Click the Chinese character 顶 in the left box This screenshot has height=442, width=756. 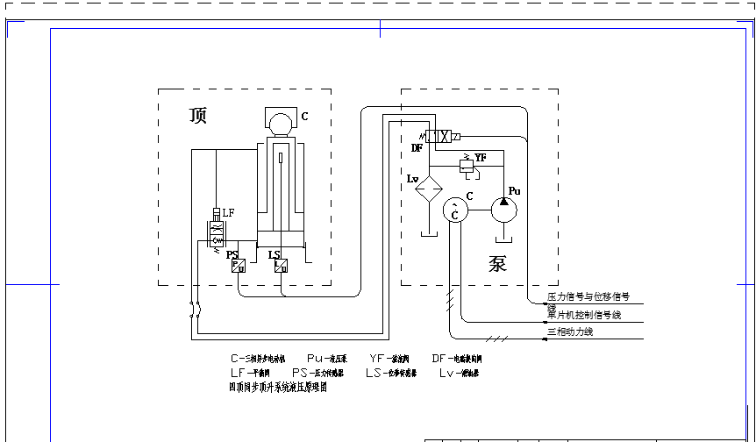pos(198,116)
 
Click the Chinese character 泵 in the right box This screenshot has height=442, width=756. pos(497,263)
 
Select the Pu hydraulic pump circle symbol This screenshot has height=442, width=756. pos(503,210)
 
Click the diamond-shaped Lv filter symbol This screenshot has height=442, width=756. pos(429,189)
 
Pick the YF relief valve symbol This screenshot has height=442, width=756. pos(467,162)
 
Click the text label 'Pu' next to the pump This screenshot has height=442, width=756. pos(515,190)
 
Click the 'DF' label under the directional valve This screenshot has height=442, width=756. pos(417,148)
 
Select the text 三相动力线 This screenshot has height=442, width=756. pos(570,331)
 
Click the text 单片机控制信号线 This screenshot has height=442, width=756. pos(584,314)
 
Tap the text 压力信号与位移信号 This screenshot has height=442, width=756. pos(588,297)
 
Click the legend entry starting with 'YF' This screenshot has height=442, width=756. pos(389,359)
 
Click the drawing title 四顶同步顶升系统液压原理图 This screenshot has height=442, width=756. pos(277,386)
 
